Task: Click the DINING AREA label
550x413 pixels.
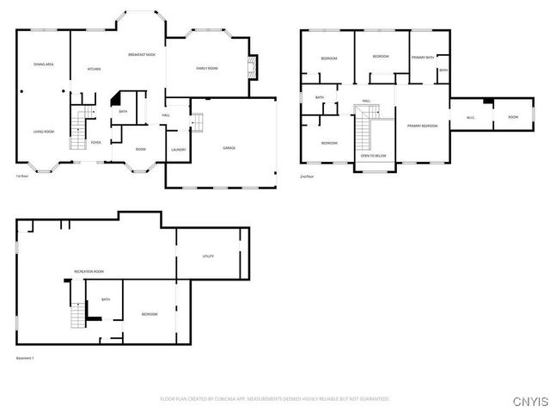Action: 44,65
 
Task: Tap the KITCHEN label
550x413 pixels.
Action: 95,69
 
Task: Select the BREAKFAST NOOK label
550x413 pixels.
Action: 141,55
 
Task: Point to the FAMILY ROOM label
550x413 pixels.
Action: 207,69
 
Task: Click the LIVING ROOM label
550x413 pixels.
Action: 44,132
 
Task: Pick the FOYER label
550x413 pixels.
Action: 95,143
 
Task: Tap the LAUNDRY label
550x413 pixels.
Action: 178,150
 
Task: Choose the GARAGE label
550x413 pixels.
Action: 229,148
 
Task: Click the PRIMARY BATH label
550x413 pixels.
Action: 422,58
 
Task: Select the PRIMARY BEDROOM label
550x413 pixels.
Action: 422,126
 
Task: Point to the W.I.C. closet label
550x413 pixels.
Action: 471,118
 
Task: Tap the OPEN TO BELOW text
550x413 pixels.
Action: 373,156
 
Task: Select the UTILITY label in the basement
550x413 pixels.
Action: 208,256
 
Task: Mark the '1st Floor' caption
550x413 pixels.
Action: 23,176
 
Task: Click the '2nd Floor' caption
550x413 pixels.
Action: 307,176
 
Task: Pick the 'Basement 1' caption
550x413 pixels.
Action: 26,358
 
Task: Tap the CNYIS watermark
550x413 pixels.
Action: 529,402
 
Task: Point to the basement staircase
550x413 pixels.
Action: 78,317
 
